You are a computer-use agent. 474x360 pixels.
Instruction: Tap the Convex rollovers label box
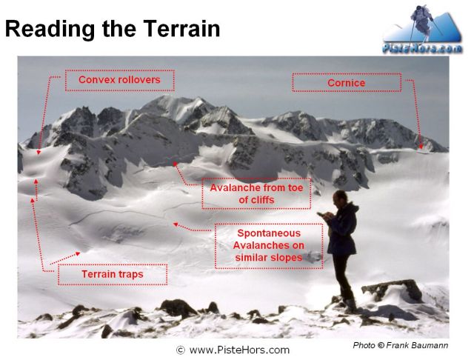pos(120,81)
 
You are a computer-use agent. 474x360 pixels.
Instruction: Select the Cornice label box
pos(347,82)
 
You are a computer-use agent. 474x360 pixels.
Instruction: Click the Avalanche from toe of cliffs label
pos(256,193)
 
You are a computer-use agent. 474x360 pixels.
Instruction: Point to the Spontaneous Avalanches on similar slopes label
pos(269,246)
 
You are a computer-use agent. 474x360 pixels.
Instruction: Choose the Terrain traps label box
pos(113,275)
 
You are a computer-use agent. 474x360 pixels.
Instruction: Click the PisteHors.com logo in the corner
pos(422,30)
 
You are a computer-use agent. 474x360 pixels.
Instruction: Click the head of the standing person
pos(340,197)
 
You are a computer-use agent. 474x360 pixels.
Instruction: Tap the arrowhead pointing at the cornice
pos(421,147)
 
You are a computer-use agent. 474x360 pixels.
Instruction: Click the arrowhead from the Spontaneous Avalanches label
pos(175,224)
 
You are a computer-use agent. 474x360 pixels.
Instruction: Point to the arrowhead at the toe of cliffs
pos(175,164)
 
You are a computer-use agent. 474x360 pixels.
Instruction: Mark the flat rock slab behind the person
pos(393,290)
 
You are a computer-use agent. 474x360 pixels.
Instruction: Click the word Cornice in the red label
pos(347,83)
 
